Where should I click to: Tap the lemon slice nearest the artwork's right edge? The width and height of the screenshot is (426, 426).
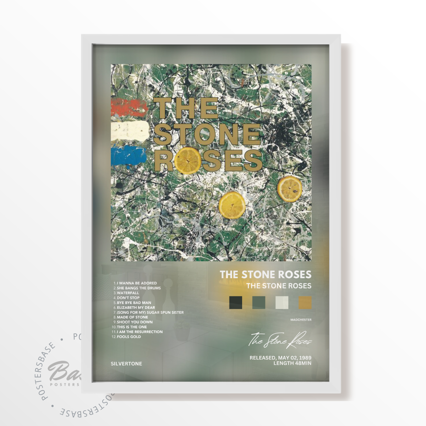[290, 189]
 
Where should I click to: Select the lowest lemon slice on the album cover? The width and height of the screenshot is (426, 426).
[232, 205]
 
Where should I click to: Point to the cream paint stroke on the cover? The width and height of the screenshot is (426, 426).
[130, 131]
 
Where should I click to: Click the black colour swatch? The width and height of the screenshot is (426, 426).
[236, 302]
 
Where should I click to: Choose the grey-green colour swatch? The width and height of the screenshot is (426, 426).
[259, 302]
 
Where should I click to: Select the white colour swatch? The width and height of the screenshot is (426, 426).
[282, 302]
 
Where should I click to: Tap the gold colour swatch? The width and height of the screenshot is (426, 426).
[305, 302]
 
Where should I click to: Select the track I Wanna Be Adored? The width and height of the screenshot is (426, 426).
[137, 283]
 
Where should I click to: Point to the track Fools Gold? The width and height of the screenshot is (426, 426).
[129, 337]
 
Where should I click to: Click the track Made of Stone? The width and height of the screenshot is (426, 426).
[132, 317]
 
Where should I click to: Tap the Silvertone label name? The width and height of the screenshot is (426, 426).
[126, 364]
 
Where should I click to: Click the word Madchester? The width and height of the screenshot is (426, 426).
[301, 320]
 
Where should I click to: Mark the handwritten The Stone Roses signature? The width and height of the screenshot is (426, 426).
[280, 340]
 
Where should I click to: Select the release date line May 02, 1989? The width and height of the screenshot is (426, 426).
[280, 358]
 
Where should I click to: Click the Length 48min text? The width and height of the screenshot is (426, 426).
[292, 363]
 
